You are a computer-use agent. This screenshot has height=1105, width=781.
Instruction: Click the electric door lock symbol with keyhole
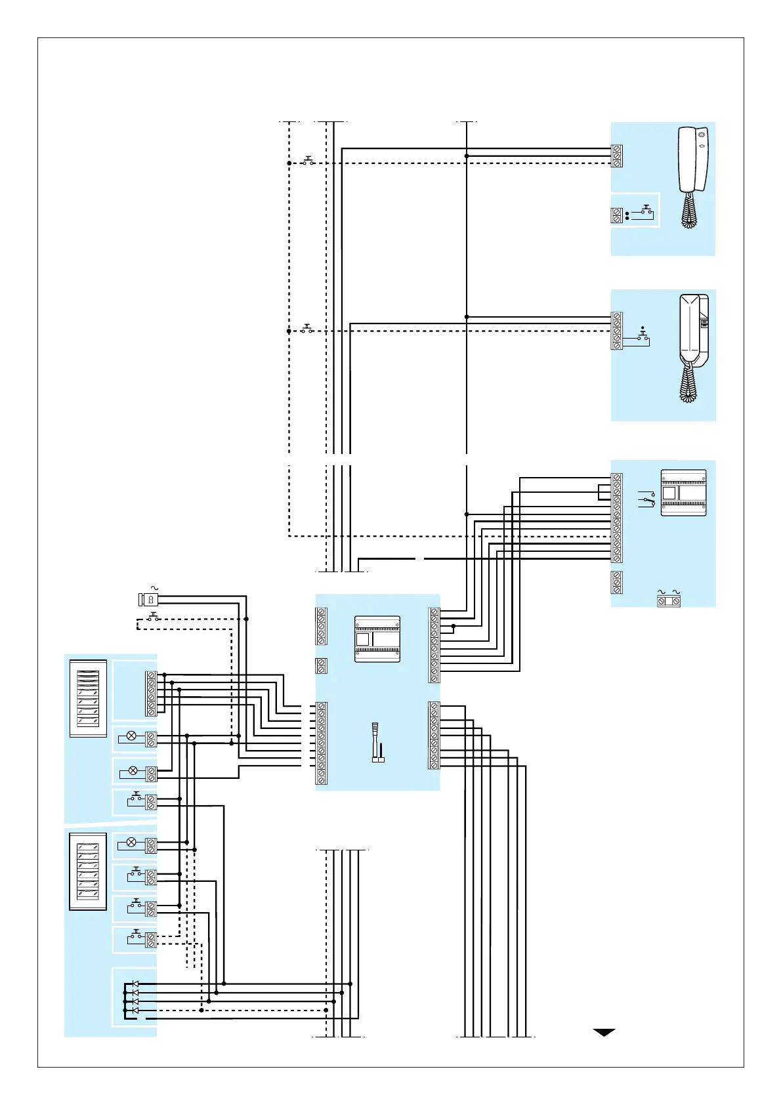point(148,599)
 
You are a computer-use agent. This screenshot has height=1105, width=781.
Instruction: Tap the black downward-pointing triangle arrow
point(604,1032)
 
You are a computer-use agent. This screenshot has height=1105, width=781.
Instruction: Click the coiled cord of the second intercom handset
point(688,383)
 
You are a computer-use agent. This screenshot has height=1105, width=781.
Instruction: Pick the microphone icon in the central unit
point(377,742)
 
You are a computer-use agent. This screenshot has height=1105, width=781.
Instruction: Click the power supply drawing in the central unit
point(377,638)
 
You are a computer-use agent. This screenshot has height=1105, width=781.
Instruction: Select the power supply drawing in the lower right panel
point(683,492)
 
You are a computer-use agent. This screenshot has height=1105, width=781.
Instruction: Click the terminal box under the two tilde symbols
point(669,601)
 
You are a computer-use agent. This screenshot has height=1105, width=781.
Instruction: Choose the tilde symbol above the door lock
point(156,588)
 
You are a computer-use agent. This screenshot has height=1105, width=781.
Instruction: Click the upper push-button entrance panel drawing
point(88,698)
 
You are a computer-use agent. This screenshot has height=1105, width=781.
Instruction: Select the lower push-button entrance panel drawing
point(88,876)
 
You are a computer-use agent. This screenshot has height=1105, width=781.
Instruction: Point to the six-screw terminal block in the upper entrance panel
point(151,693)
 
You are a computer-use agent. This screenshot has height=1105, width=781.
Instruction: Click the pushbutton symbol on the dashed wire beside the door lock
point(154,617)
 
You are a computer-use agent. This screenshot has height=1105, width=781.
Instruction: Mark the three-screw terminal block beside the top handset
point(617,156)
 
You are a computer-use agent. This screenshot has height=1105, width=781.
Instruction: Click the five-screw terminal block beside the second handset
point(617,331)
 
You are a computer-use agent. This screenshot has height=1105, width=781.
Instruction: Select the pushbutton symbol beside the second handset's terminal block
point(644,337)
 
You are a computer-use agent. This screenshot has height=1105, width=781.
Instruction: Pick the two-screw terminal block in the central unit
point(322,665)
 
